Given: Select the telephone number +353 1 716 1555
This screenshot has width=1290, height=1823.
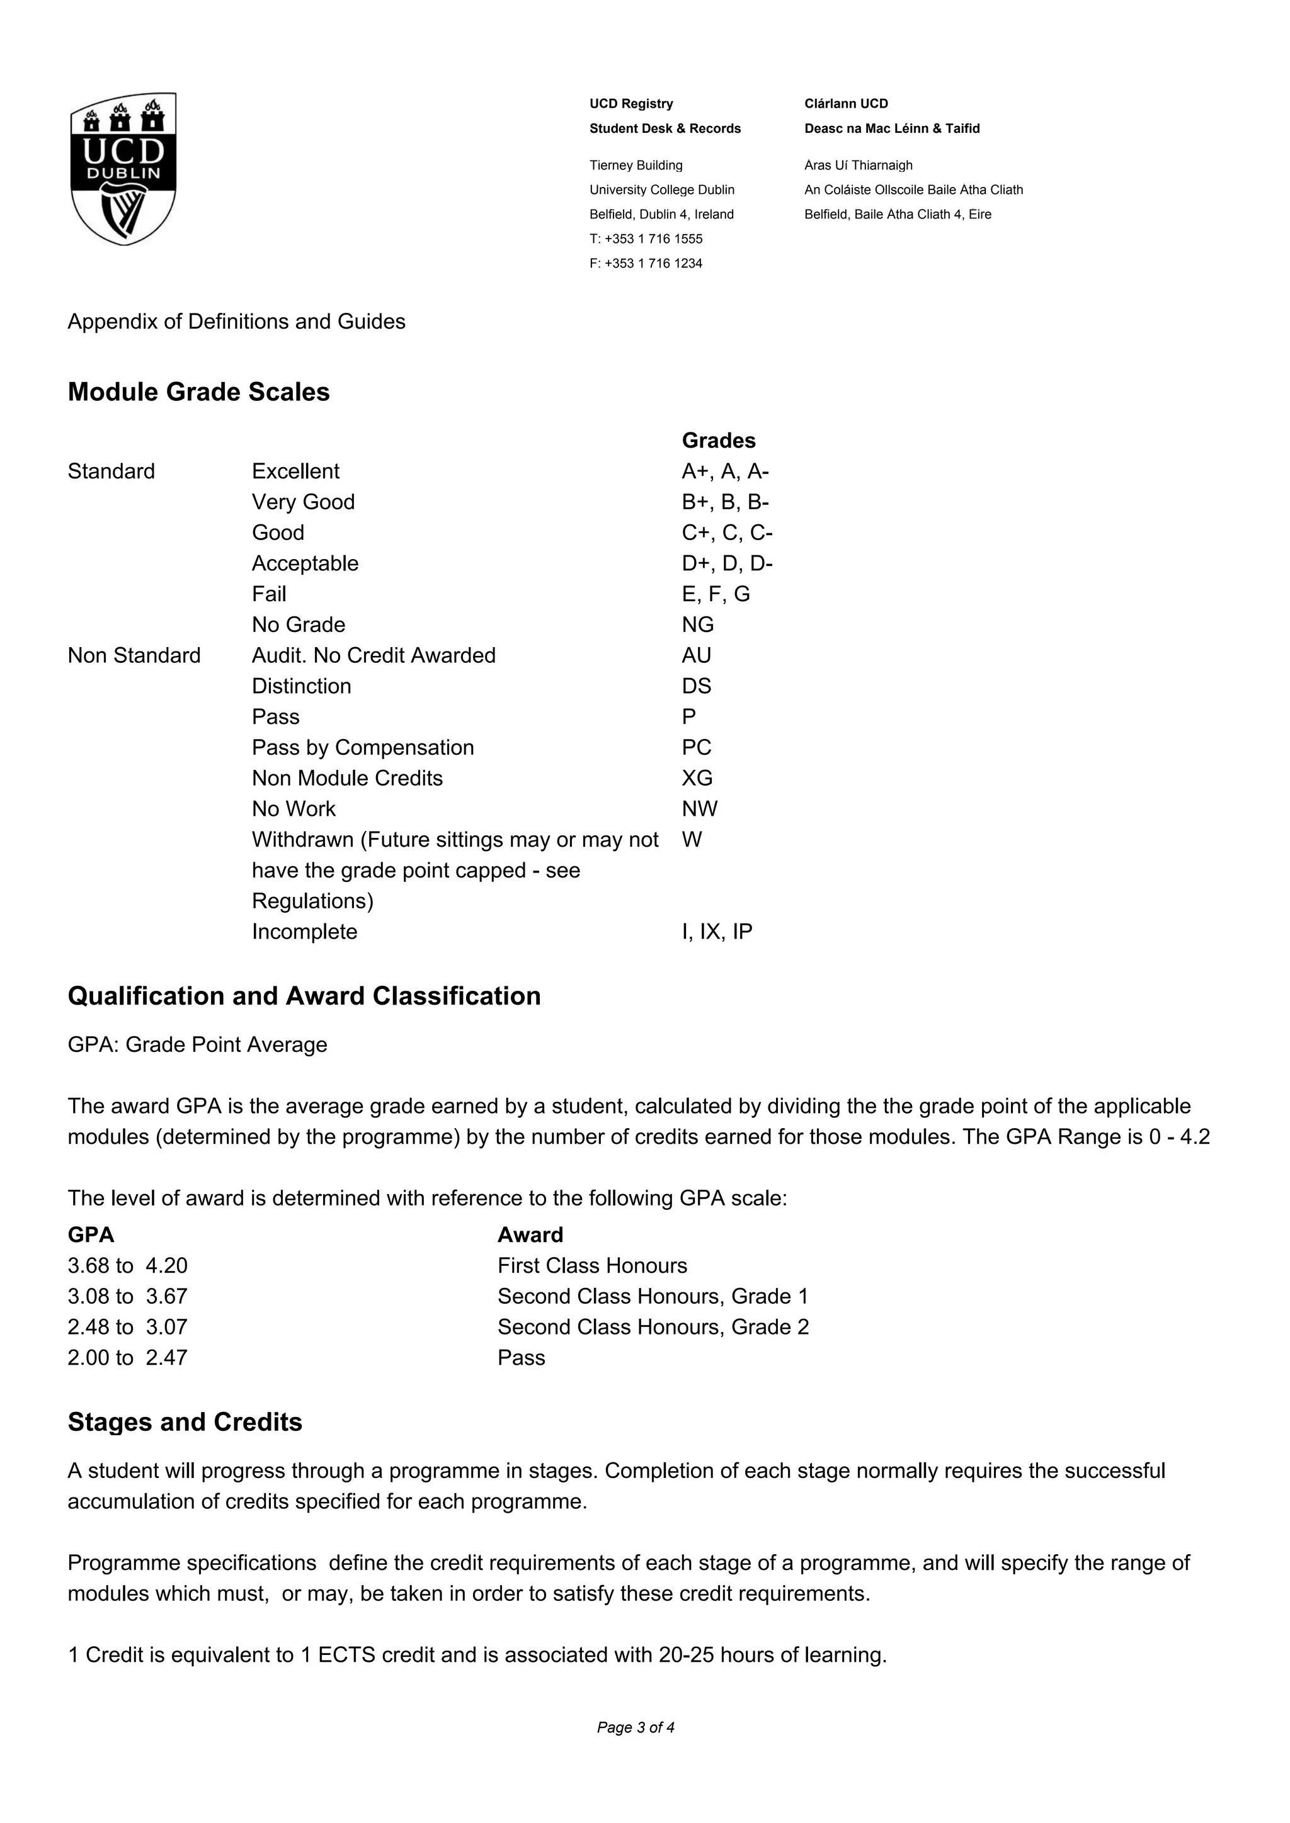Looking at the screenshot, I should pos(653,239).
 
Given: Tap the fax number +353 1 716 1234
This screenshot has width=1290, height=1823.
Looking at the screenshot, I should pos(653,264).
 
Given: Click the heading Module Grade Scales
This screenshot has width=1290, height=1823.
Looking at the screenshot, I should pos(198,392).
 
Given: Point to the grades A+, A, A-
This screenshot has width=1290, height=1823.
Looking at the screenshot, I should pos(724,471).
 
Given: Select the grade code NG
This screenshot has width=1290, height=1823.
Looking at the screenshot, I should pos(697,625).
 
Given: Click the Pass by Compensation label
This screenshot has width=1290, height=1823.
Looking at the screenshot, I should pos(362,748).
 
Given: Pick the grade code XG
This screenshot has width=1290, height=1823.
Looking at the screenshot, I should pos(697,778).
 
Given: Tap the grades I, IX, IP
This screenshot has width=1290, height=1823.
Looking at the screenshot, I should pos(716,932).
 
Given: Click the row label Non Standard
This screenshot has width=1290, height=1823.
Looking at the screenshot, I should pos(134,656).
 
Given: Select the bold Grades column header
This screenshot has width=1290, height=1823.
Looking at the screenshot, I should pos(718,441).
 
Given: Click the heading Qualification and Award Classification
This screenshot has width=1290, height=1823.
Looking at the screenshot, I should pos(304,996).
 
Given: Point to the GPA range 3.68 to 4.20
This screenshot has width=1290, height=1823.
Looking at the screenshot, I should pos(127,1266).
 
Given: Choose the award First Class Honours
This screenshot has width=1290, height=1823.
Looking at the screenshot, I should pos(592,1266).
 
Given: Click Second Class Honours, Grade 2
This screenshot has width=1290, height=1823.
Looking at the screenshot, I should pos(653,1327).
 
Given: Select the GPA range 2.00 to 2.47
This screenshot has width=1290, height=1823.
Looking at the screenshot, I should pos(127,1358).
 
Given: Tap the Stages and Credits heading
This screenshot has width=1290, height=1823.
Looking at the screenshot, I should pos(185,1422).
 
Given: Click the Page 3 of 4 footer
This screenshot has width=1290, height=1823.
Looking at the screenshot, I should pos(636,1728).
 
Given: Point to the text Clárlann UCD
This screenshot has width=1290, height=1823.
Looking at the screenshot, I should pos(846,104).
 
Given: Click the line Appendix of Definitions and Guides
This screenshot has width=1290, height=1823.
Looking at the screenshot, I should pos(236,322).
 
